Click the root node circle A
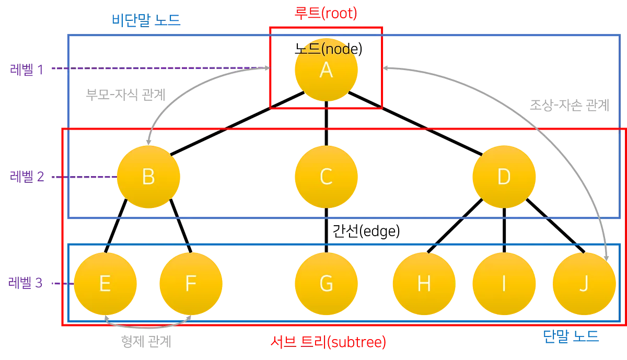(x=326, y=69)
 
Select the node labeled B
(x=148, y=177)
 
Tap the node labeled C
(x=326, y=177)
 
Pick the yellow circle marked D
(x=504, y=177)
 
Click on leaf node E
(x=105, y=284)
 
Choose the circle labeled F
(x=191, y=284)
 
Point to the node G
(x=326, y=284)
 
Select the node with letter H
(x=424, y=284)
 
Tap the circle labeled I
(x=504, y=284)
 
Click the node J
(x=584, y=284)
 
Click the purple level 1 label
(x=27, y=69)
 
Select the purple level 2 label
(x=27, y=177)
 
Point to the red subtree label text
(x=328, y=342)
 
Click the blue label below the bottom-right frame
(x=571, y=335)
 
